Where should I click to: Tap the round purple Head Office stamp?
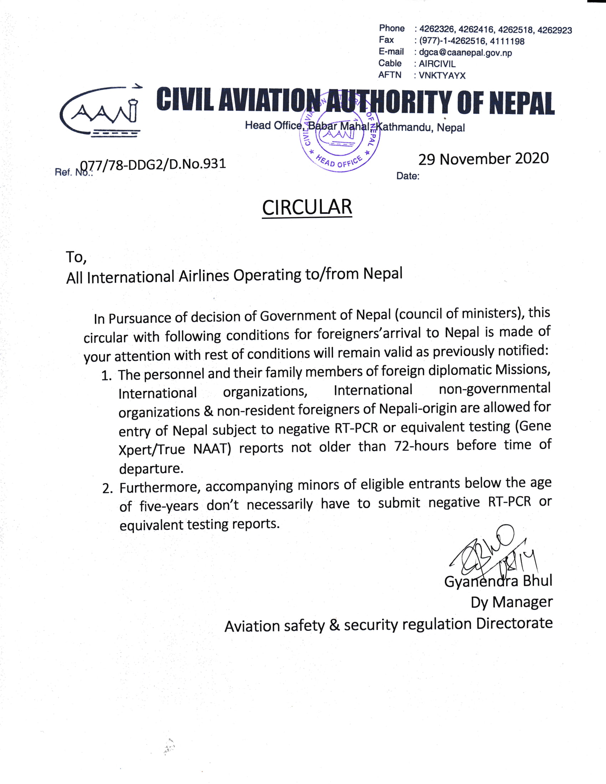tap(339, 135)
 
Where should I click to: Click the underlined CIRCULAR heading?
tap(307, 207)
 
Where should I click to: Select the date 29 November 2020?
tap(483, 159)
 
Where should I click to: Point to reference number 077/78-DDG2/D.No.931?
tap(153, 164)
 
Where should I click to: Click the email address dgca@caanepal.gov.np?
tap(465, 53)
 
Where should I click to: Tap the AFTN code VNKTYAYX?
tap(442, 76)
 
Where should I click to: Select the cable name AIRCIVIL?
tap(437, 64)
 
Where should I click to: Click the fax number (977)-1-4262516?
tap(452, 41)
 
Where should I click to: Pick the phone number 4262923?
tap(554, 30)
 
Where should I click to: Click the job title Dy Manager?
tap(511, 602)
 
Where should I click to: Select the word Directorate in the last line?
tap(514, 624)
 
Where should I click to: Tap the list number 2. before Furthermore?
tap(108, 489)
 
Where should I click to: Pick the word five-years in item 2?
tap(169, 506)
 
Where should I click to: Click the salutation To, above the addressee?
tap(76, 257)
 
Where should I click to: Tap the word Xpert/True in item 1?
tap(152, 449)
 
